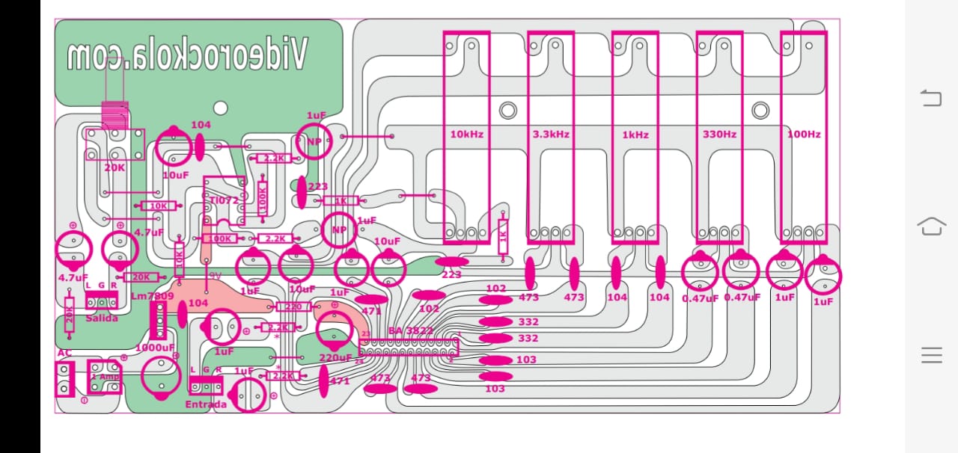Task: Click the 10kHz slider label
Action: click(x=466, y=135)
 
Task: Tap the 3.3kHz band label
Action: click(x=551, y=135)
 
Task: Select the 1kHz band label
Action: click(x=635, y=135)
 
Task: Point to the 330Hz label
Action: click(x=719, y=135)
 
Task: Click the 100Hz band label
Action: click(x=804, y=135)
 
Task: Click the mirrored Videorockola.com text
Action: click(x=186, y=56)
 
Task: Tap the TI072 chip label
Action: click(x=224, y=200)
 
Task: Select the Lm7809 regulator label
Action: click(x=152, y=296)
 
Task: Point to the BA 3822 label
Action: click(x=411, y=330)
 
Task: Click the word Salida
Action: click(x=102, y=318)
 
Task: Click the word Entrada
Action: click(x=206, y=404)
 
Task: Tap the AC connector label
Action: click(x=64, y=353)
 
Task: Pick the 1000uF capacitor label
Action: click(x=155, y=348)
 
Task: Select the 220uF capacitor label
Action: click(x=335, y=357)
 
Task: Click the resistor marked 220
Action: click(x=293, y=306)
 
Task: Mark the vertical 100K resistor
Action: click(x=263, y=199)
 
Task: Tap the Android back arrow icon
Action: click(x=931, y=98)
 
